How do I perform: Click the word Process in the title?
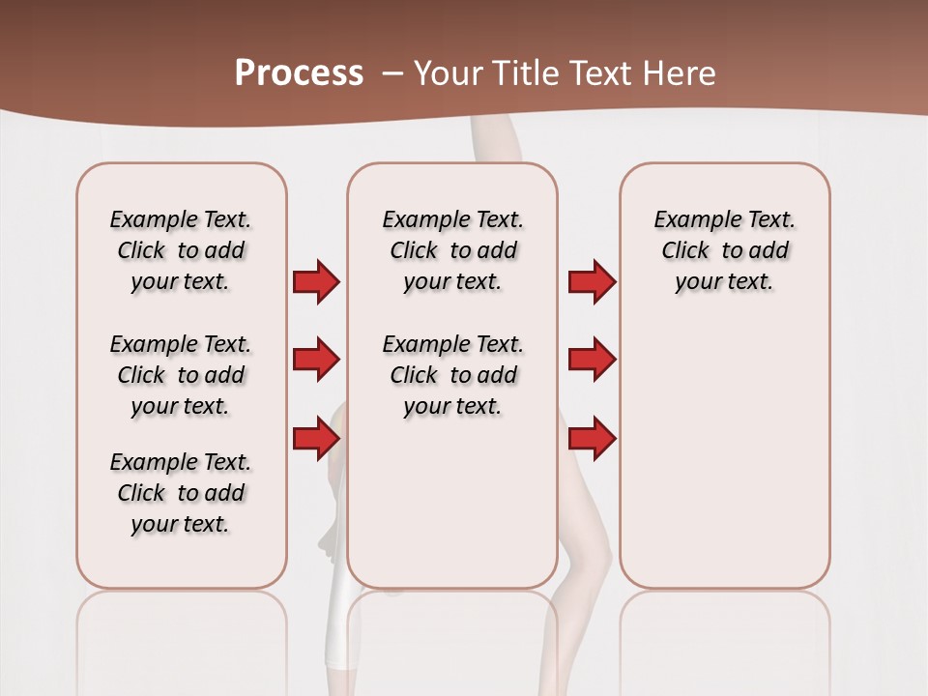[x=299, y=73]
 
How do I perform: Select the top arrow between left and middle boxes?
[x=315, y=282]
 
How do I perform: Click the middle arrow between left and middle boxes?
[x=315, y=361]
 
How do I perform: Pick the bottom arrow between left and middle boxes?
[x=315, y=439]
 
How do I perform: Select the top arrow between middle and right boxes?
[x=592, y=282]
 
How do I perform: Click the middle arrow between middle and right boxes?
[x=592, y=361]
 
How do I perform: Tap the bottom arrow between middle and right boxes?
[x=592, y=439]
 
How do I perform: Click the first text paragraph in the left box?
[x=181, y=250]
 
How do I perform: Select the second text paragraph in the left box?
[x=181, y=375]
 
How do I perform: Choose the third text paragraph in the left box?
[x=181, y=493]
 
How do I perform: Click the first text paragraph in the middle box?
[x=452, y=250]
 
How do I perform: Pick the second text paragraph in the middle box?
[x=452, y=375]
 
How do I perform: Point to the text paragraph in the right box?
[x=724, y=250]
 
